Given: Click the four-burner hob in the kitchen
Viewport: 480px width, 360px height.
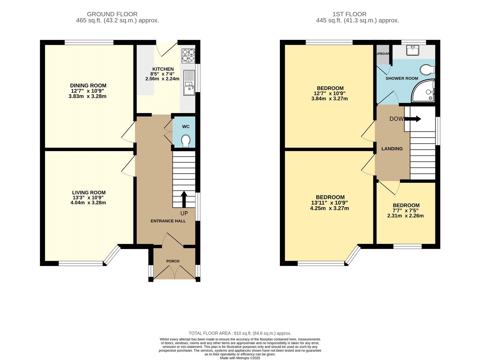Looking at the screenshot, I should click(188, 56).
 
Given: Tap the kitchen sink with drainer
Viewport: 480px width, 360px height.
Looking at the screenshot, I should click(189, 83).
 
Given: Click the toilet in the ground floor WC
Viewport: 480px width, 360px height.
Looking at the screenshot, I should click(186, 141).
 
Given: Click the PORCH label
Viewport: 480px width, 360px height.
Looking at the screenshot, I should click(173, 261).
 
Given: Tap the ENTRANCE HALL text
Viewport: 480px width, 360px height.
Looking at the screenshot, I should click(168, 221).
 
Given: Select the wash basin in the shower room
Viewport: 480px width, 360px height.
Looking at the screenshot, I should click(413, 50).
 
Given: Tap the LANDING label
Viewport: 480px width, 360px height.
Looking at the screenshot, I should click(392, 149).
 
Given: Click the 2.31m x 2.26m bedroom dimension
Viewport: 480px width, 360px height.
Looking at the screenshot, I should click(405, 216).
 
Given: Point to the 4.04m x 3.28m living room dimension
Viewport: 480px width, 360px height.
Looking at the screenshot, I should click(88, 202).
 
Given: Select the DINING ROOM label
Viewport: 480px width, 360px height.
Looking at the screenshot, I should click(88, 85).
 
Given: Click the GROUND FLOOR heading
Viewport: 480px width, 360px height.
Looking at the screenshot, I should click(112, 14).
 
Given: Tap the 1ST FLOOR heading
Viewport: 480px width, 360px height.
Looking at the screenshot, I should click(349, 14).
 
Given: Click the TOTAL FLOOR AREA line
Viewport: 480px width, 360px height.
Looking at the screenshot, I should click(240, 333).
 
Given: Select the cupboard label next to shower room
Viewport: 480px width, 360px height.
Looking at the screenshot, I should click(382, 54).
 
